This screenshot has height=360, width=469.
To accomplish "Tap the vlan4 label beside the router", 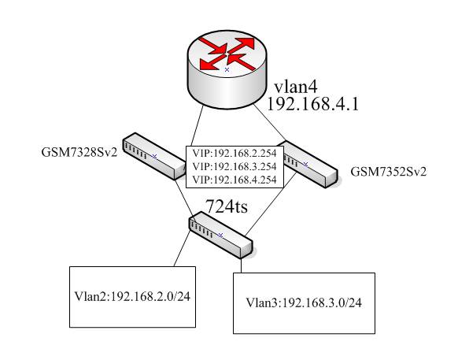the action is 296,87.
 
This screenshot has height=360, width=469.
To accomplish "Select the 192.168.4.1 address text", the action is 312,105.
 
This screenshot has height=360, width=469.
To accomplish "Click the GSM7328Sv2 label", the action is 79,153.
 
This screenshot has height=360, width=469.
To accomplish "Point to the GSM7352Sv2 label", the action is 388,172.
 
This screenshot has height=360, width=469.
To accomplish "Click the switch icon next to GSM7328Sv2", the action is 154,156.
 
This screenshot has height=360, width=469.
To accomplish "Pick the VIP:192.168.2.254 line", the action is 234,154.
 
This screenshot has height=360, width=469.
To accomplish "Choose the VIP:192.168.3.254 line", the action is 234,166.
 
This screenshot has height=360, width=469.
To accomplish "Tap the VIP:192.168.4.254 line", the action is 234,180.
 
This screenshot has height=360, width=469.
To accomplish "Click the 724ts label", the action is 227,206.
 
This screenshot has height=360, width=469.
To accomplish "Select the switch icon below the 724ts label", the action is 221,235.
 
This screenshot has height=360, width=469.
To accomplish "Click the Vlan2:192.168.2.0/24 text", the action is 132,296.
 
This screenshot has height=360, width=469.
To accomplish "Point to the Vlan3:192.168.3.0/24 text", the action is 304,302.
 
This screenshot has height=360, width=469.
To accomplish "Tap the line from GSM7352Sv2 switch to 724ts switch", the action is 271,204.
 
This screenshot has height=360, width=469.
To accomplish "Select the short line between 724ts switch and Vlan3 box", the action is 242,265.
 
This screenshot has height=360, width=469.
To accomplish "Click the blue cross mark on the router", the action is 227,69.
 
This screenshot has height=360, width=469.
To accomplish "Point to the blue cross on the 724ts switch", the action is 220,236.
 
